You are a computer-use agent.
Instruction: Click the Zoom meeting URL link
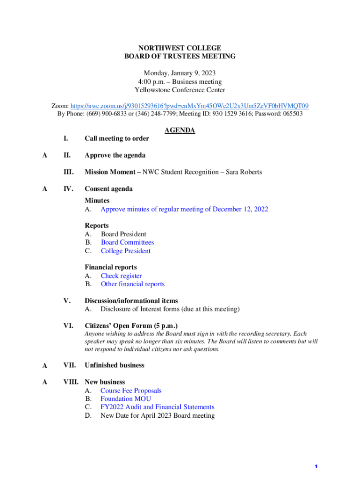pyautogui.click(x=189, y=106)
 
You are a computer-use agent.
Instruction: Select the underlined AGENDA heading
pyautogui.click(x=180, y=131)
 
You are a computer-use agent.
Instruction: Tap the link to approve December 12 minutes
pyautogui.click(x=184, y=209)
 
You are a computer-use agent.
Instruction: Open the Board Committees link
pyautogui.click(x=127, y=242)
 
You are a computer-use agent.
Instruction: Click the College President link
pyautogui.click(x=125, y=251)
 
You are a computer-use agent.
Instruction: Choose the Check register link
pyautogui.click(x=121, y=276)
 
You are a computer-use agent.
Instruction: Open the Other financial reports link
pyautogui.click(x=132, y=284)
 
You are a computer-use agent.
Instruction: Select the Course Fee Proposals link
pyautogui.click(x=131, y=391)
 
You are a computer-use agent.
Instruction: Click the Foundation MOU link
pyautogui.click(x=125, y=399)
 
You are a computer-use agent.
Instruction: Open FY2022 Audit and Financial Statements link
pyautogui.click(x=157, y=407)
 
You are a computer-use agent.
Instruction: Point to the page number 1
pyautogui.click(x=316, y=467)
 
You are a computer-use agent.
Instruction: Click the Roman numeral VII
pyautogui.click(x=70, y=365)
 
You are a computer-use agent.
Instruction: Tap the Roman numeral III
pyautogui.click(x=68, y=172)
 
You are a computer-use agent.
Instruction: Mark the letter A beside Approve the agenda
pyautogui.click(x=44, y=155)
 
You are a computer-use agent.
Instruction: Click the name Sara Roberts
pyautogui.click(x=244, y=172)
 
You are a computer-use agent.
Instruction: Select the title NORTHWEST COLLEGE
pyautogui.click(x=180, y=48)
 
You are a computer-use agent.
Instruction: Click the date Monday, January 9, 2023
pyautogui.click(x=180, y=73)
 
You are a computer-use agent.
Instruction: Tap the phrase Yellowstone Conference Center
pyautogui.click(x=180, y=90)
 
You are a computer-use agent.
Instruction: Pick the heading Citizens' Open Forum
pyautogui.click(x=131, y=326)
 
